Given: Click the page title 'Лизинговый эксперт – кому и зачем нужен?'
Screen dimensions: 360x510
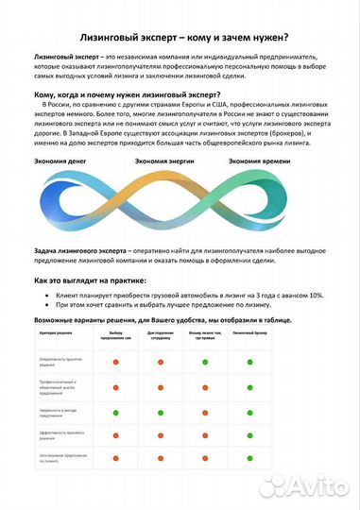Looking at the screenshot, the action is click(x=180, y=37).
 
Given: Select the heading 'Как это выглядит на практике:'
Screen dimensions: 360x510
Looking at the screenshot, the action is click(x=90, y=280).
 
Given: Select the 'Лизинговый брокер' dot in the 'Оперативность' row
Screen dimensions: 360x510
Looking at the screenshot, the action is click(x=249, y=362).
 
